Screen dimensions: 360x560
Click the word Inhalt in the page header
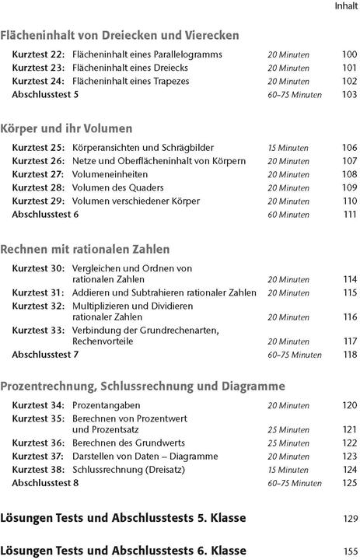346,6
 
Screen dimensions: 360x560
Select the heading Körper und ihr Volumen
67,128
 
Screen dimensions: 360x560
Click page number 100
349,54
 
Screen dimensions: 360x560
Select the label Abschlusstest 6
45,214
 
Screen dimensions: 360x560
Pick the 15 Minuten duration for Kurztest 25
288,148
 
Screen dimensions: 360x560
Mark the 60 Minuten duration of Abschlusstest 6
288,214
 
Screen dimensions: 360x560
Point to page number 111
349,214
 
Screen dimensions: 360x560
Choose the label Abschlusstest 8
45,483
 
